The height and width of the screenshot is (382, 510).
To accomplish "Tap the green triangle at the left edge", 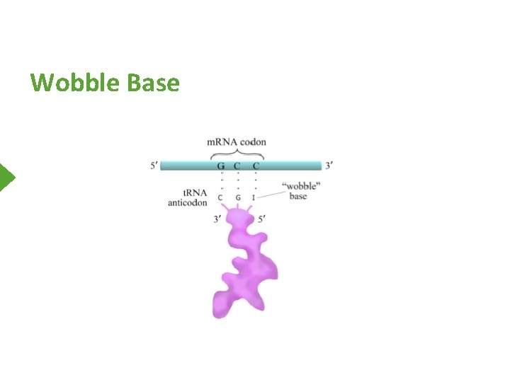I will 7,177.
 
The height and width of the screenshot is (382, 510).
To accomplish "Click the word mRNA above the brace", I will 222,141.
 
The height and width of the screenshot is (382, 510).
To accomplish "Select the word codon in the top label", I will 254,141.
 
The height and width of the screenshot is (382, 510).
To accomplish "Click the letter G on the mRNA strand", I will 221,166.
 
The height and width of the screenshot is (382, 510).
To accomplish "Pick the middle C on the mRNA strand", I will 238,166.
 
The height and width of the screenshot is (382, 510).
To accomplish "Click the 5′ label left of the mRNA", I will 154,166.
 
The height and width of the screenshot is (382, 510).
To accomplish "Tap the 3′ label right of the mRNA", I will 329,166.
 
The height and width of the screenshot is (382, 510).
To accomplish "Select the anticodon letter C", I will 221,197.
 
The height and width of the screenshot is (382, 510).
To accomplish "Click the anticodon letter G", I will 238,197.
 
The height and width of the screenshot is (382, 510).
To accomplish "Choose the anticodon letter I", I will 254,197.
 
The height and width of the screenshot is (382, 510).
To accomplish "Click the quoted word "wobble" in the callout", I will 301,186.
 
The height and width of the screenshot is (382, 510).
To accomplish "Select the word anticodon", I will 188,202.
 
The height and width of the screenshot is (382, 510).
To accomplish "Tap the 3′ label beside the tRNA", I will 217,219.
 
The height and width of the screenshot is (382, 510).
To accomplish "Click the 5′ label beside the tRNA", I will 261,219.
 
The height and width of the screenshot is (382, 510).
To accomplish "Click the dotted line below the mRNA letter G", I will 221,182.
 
